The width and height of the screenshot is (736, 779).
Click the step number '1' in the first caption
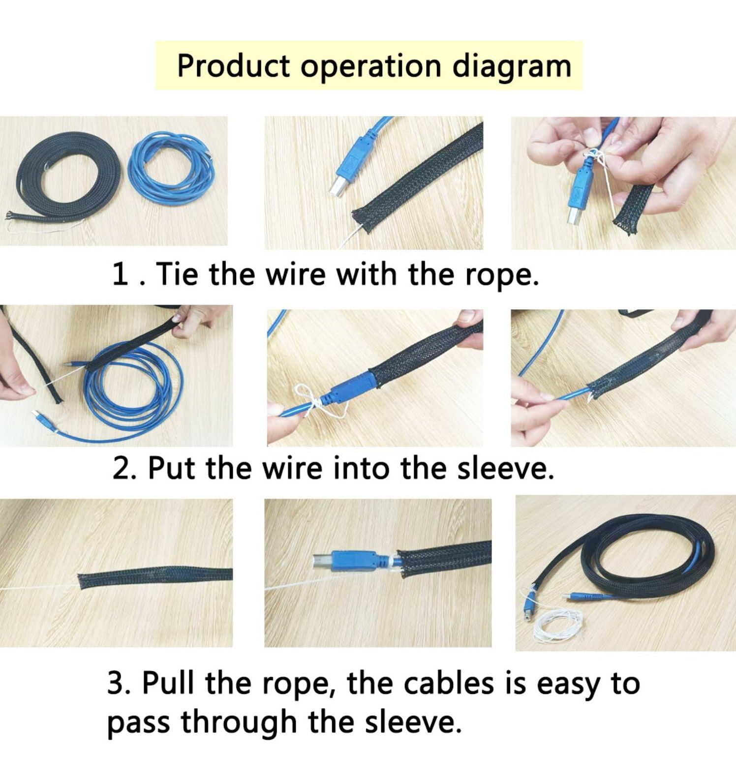[x=120, y=274]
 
